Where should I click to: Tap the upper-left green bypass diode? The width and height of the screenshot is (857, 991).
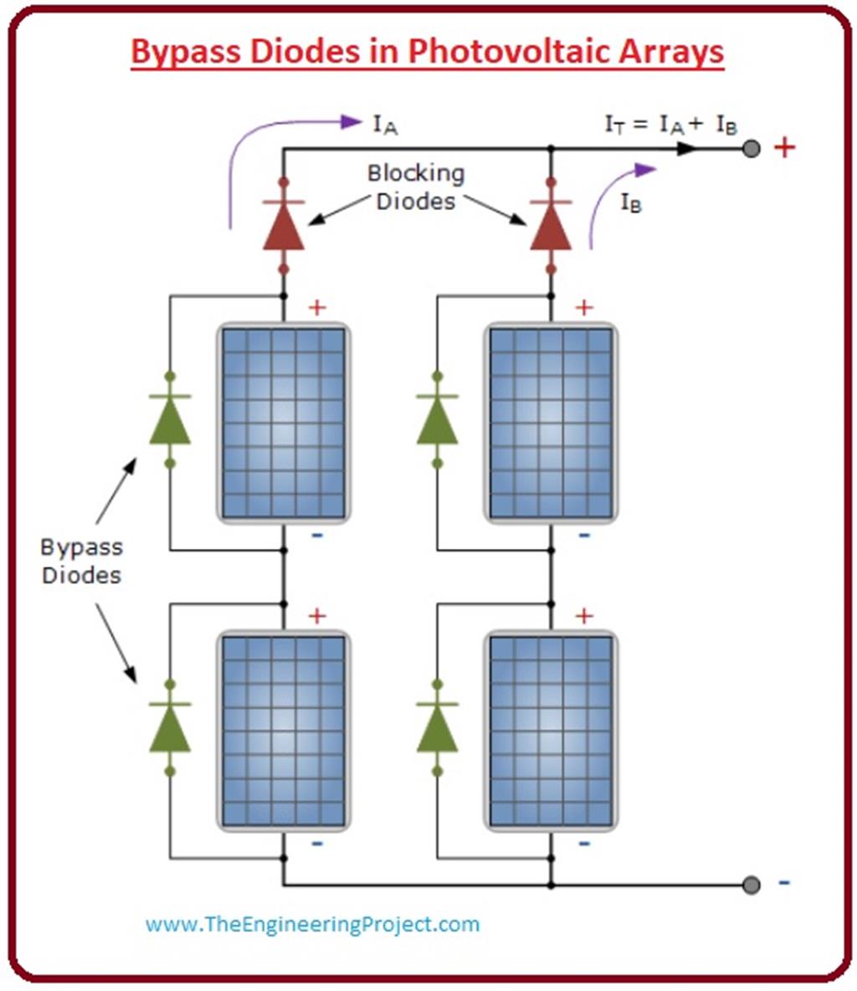pos(170,419)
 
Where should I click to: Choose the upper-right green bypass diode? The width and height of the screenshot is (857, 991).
pos(437,419)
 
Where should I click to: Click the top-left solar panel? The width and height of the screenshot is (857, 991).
pos(284,423)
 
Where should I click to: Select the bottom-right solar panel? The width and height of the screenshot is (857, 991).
pos(551,731)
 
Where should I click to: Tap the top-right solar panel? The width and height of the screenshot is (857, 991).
pos(551,423)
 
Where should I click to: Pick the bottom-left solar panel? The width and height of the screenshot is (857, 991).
pos(284,731)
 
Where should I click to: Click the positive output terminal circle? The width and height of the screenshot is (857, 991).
pos(752,149)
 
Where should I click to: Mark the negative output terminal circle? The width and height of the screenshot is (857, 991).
pos(752,885)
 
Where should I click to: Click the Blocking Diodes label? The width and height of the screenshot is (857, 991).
pos(416,187)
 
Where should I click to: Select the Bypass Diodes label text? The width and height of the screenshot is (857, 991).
pos(81,561)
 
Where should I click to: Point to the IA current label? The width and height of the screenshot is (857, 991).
pos(385,126)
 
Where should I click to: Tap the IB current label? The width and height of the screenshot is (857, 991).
pos(631,203)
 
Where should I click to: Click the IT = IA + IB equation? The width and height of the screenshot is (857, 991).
pos(671,126)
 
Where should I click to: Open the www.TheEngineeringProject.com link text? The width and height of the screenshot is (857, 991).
pos(312,924)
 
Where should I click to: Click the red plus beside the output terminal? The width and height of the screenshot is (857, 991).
pos(784,149)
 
